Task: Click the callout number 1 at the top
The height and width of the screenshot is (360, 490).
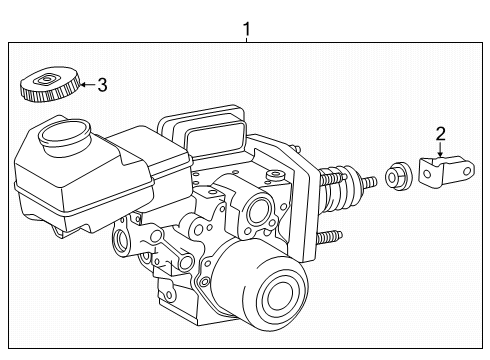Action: tap(246, 29)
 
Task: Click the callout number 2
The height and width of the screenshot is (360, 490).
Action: tap(440, 134)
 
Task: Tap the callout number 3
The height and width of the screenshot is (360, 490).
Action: tap(102, 85)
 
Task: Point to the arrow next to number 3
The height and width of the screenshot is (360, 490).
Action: tap(88, 84)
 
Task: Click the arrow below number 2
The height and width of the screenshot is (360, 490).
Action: tap(440, 149)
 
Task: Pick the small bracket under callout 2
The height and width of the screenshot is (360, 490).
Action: tap(447, 171)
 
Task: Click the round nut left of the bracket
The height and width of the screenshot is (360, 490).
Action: tap(399, 176)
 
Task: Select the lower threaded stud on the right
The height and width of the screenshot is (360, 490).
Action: tap(329, 236)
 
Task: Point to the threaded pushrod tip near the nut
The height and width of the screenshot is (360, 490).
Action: tap(370, 182)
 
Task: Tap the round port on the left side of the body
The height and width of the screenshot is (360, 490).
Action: tap(121, 240)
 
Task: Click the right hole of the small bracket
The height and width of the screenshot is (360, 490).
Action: tap(467, 171)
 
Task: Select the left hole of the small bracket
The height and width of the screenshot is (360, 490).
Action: tap(428, 174)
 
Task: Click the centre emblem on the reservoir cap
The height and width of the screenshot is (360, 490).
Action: tap(46, 79)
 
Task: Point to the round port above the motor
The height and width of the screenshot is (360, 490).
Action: tap(258, 211)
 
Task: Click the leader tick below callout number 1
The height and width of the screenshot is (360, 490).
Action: tap(246, 40)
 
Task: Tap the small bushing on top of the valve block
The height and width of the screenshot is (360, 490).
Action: tap(275, 175)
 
